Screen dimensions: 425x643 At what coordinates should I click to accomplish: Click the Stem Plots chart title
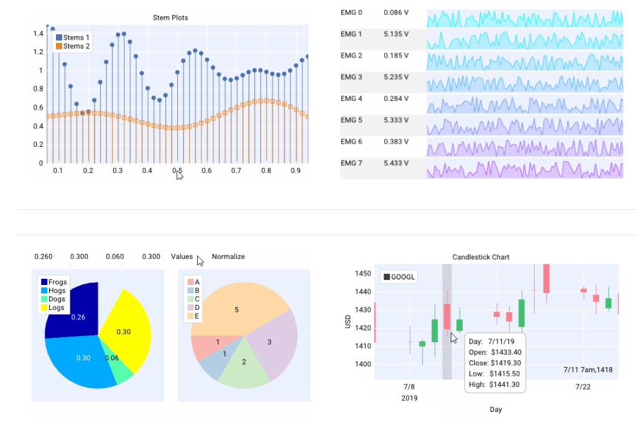pos(170,17)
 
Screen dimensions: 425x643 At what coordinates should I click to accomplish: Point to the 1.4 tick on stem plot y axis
pos(38,33)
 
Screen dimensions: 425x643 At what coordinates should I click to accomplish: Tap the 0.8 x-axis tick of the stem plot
pos(266,170)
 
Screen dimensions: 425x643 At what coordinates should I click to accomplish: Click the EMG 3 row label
pos(351,77)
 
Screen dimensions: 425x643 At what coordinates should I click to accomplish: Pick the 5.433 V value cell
pos(396,163)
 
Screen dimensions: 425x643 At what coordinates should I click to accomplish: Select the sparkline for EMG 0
pos(524,19)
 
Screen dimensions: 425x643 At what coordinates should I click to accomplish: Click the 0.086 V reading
pos(396,12)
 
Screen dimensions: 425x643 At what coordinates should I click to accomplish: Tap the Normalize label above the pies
pos(228,256)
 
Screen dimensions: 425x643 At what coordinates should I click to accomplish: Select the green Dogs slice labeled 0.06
pos(116,367)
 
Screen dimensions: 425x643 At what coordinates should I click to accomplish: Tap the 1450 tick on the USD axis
pos(363,274)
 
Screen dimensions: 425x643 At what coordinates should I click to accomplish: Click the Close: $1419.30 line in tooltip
pos(495,363)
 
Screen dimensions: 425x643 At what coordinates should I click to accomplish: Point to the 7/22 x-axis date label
pos(583,386)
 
